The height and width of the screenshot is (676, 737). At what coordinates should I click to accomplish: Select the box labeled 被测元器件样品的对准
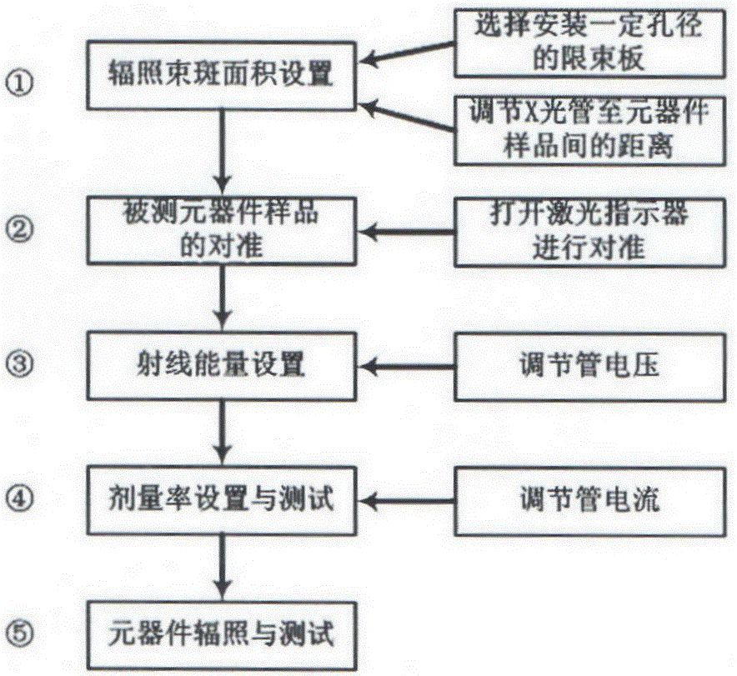tap(222, 227)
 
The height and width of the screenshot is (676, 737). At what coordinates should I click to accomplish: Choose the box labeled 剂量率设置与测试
tap(222, 500)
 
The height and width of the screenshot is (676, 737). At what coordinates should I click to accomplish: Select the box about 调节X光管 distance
tap(590, 131)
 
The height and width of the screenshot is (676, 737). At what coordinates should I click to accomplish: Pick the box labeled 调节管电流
tap(590, 500)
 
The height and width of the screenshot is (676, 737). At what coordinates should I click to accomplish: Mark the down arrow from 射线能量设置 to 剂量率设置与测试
tap(222, 432)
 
